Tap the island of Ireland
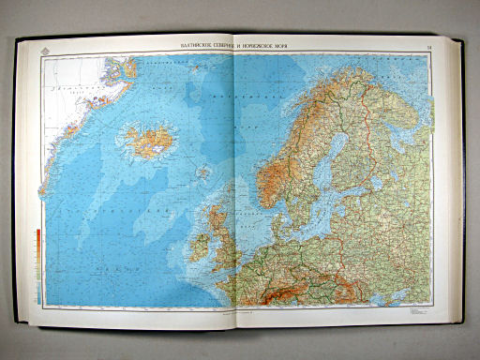coord(200,247)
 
